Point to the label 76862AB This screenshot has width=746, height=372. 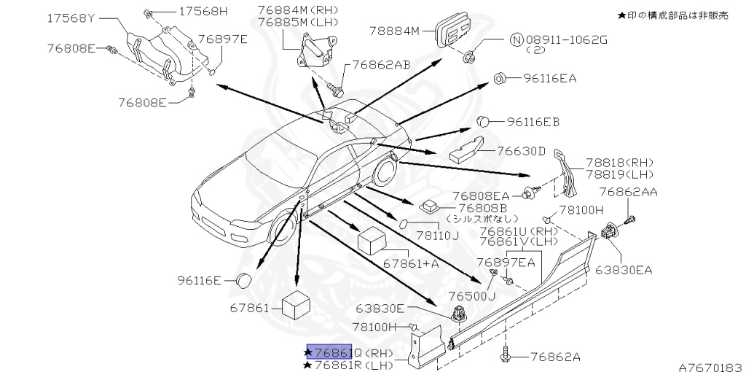pos(382,65)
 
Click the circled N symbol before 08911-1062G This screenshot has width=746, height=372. pos(516,40)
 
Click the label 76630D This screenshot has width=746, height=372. pos(521,152)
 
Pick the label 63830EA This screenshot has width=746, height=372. pos(624,270)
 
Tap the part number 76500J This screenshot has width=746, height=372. pos(471,296)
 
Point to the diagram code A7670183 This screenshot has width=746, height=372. pos(710,366)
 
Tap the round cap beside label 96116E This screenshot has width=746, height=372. pos(243,279)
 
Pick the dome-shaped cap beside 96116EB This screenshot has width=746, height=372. pos(485,122)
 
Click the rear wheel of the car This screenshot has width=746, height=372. pos(382,175)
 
